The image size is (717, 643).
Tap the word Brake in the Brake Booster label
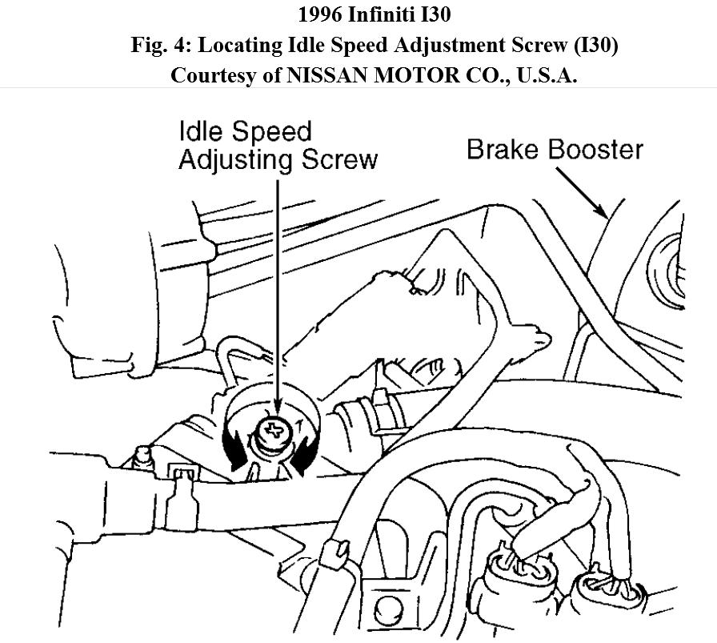pos(505,150)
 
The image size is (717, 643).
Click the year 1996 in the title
pos(324,14)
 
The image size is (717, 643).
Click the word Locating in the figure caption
pos(239,45)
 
